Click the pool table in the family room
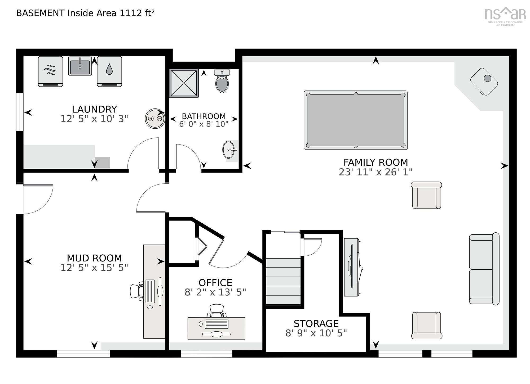(x=355, y=120)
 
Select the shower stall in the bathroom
(x=184, y=83)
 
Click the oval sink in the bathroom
(x=229, y=150)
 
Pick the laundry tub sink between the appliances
(x=80, y=66)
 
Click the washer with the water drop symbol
(x=109, y=71)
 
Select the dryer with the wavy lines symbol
(x=51, y=71)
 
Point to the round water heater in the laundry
(x=155, y=119)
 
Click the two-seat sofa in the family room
(x=484, y=269)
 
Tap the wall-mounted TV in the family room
(x=352, y=267)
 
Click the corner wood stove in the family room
(x=484, y=82)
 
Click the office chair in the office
(x=217, y=311)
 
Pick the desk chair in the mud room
(x=136, y=291)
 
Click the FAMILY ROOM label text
(x=376, y=162)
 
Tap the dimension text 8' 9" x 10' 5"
(x=316, y=333)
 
